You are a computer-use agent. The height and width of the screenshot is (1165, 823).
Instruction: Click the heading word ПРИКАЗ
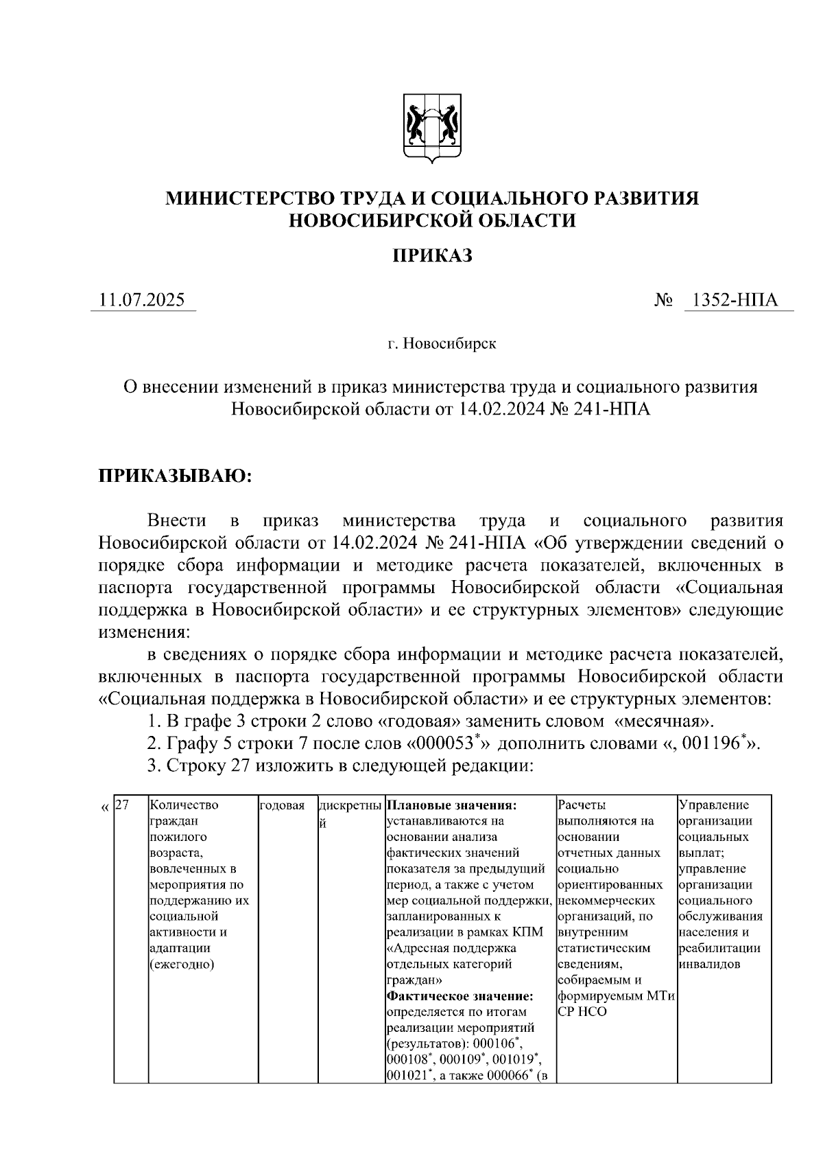pyautogui.click(x=432, y=256)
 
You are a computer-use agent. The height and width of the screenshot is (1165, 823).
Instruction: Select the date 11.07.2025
pyautogui.click(x=142, y=300)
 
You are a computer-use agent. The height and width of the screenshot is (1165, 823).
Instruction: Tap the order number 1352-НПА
pyautogui.click(x=735, y=300)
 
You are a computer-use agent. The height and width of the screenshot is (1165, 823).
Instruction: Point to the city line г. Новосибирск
pyautogui.click(x=441, y=343)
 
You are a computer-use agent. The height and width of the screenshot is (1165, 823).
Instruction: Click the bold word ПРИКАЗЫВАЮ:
pyautogui.click(x=176, y=476)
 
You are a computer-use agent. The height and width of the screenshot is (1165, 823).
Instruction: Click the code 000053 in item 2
pyautogui.click(x=446, y=743)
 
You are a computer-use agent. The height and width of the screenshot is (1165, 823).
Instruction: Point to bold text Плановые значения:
pyautogui.click(x=451, y=805)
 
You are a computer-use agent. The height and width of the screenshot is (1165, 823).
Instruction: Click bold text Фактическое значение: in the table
pyautogui.click(x=460, y=995)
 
